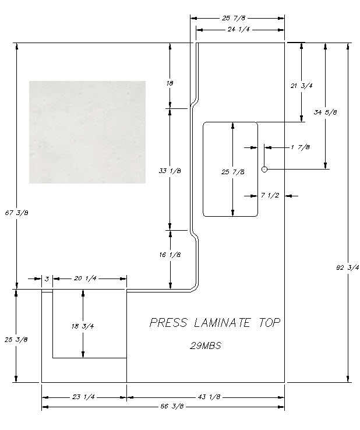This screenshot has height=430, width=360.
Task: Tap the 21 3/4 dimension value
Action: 302,85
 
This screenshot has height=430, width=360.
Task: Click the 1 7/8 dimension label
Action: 300,147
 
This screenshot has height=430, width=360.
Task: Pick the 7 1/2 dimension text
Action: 270,195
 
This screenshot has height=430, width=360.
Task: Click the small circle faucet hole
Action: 264,170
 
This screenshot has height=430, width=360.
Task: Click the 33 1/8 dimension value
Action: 170,171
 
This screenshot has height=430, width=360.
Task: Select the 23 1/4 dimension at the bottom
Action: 84,397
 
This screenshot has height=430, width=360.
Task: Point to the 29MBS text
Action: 206,345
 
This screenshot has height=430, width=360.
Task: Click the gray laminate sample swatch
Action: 87,132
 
